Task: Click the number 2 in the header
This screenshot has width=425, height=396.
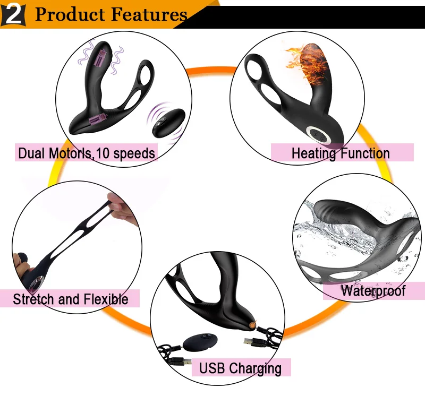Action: (14, 14)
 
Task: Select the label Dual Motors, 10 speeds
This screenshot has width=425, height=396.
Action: (87, 154)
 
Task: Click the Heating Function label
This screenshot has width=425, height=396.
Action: (341, 154)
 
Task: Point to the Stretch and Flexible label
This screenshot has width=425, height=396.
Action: (71, 299)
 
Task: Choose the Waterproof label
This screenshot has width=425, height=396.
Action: (373, 290)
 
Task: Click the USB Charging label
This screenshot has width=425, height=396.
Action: (240, 367)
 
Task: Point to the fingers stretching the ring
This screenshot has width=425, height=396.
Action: (119, 207)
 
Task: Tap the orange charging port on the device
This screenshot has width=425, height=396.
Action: (251, 323)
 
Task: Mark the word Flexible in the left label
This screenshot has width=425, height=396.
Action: (105, 299)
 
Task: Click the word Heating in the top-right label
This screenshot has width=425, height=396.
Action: (314, 154)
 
